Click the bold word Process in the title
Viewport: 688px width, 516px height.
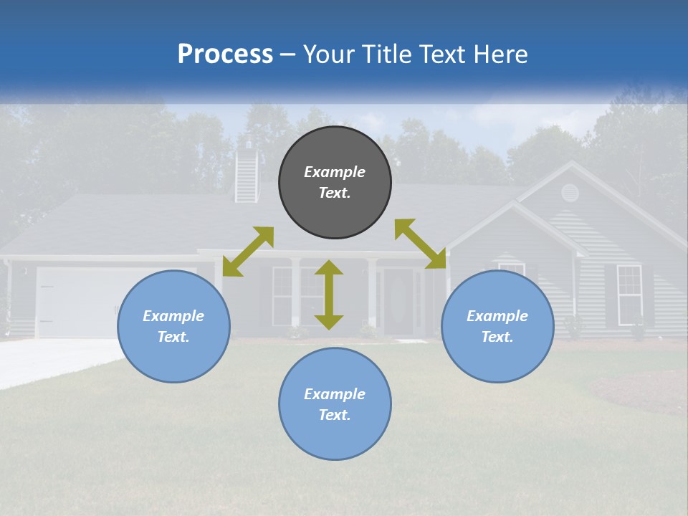tap(225, 54)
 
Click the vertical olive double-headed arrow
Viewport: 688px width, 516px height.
tap(329, 295)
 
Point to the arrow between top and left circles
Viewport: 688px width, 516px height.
tap(248, 252)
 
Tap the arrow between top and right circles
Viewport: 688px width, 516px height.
tap(421, 244)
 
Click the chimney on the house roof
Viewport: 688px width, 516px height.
tap(246, 173)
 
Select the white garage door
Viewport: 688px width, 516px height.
tap(79, 301)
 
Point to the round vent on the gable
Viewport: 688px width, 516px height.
tap(569, 192)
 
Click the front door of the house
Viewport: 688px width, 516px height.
tap(398, 301)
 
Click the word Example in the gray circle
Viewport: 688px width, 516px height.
tap(335, 172)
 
